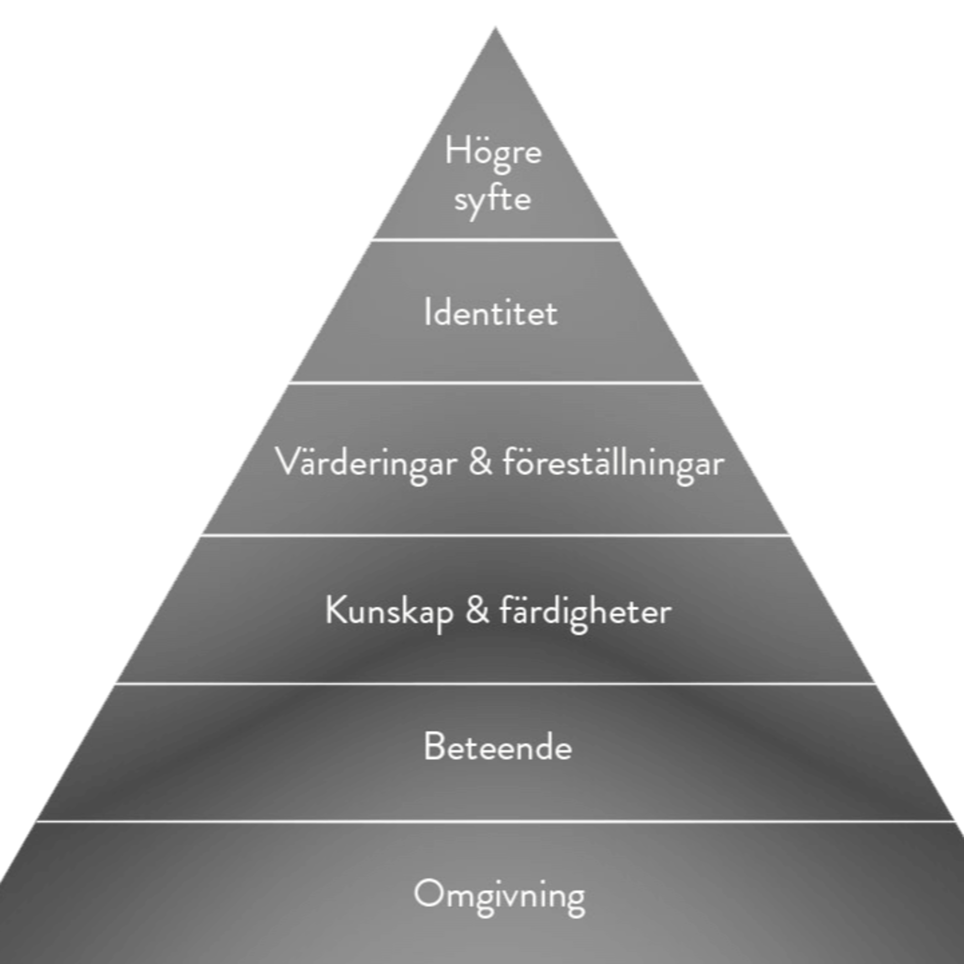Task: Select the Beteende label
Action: tap(497, 747)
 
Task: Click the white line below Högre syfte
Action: tap(495, 239)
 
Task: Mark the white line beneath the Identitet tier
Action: tap(495, 383)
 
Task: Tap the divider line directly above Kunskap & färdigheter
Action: tap(495, 535)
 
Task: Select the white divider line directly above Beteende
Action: tap(495, 683)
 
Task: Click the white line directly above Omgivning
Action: tap(495, 821)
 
